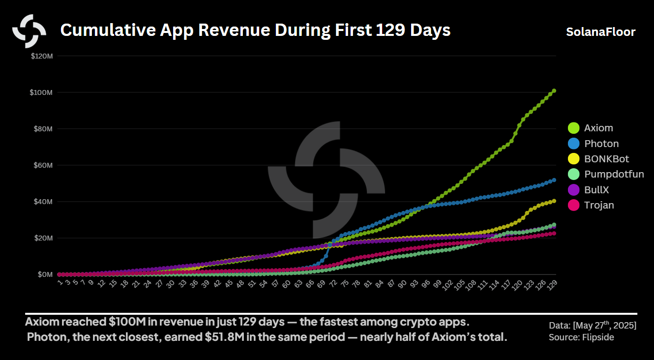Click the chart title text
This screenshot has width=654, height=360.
[x=255, y=30]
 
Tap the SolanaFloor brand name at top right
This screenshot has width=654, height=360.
[x=600, y=32]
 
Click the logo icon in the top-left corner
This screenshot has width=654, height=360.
[x=30, y=31]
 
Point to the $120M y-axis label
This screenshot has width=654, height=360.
[x=42, y=56]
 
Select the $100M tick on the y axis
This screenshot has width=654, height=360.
[x=42, y=92]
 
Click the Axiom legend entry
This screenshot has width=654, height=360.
[x=598, y=128]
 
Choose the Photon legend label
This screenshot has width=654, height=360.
[x=601, y=144]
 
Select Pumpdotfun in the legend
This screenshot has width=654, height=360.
[x=614, y=174]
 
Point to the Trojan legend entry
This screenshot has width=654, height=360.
[x=599, y=205]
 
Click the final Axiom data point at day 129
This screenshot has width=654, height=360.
[x=554, y=90]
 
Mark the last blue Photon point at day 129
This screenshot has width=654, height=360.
[x=554, y=180]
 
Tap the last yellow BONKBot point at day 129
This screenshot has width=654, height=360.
[x=554, y=201]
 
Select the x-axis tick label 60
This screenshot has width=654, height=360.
[x=285, y=284]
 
